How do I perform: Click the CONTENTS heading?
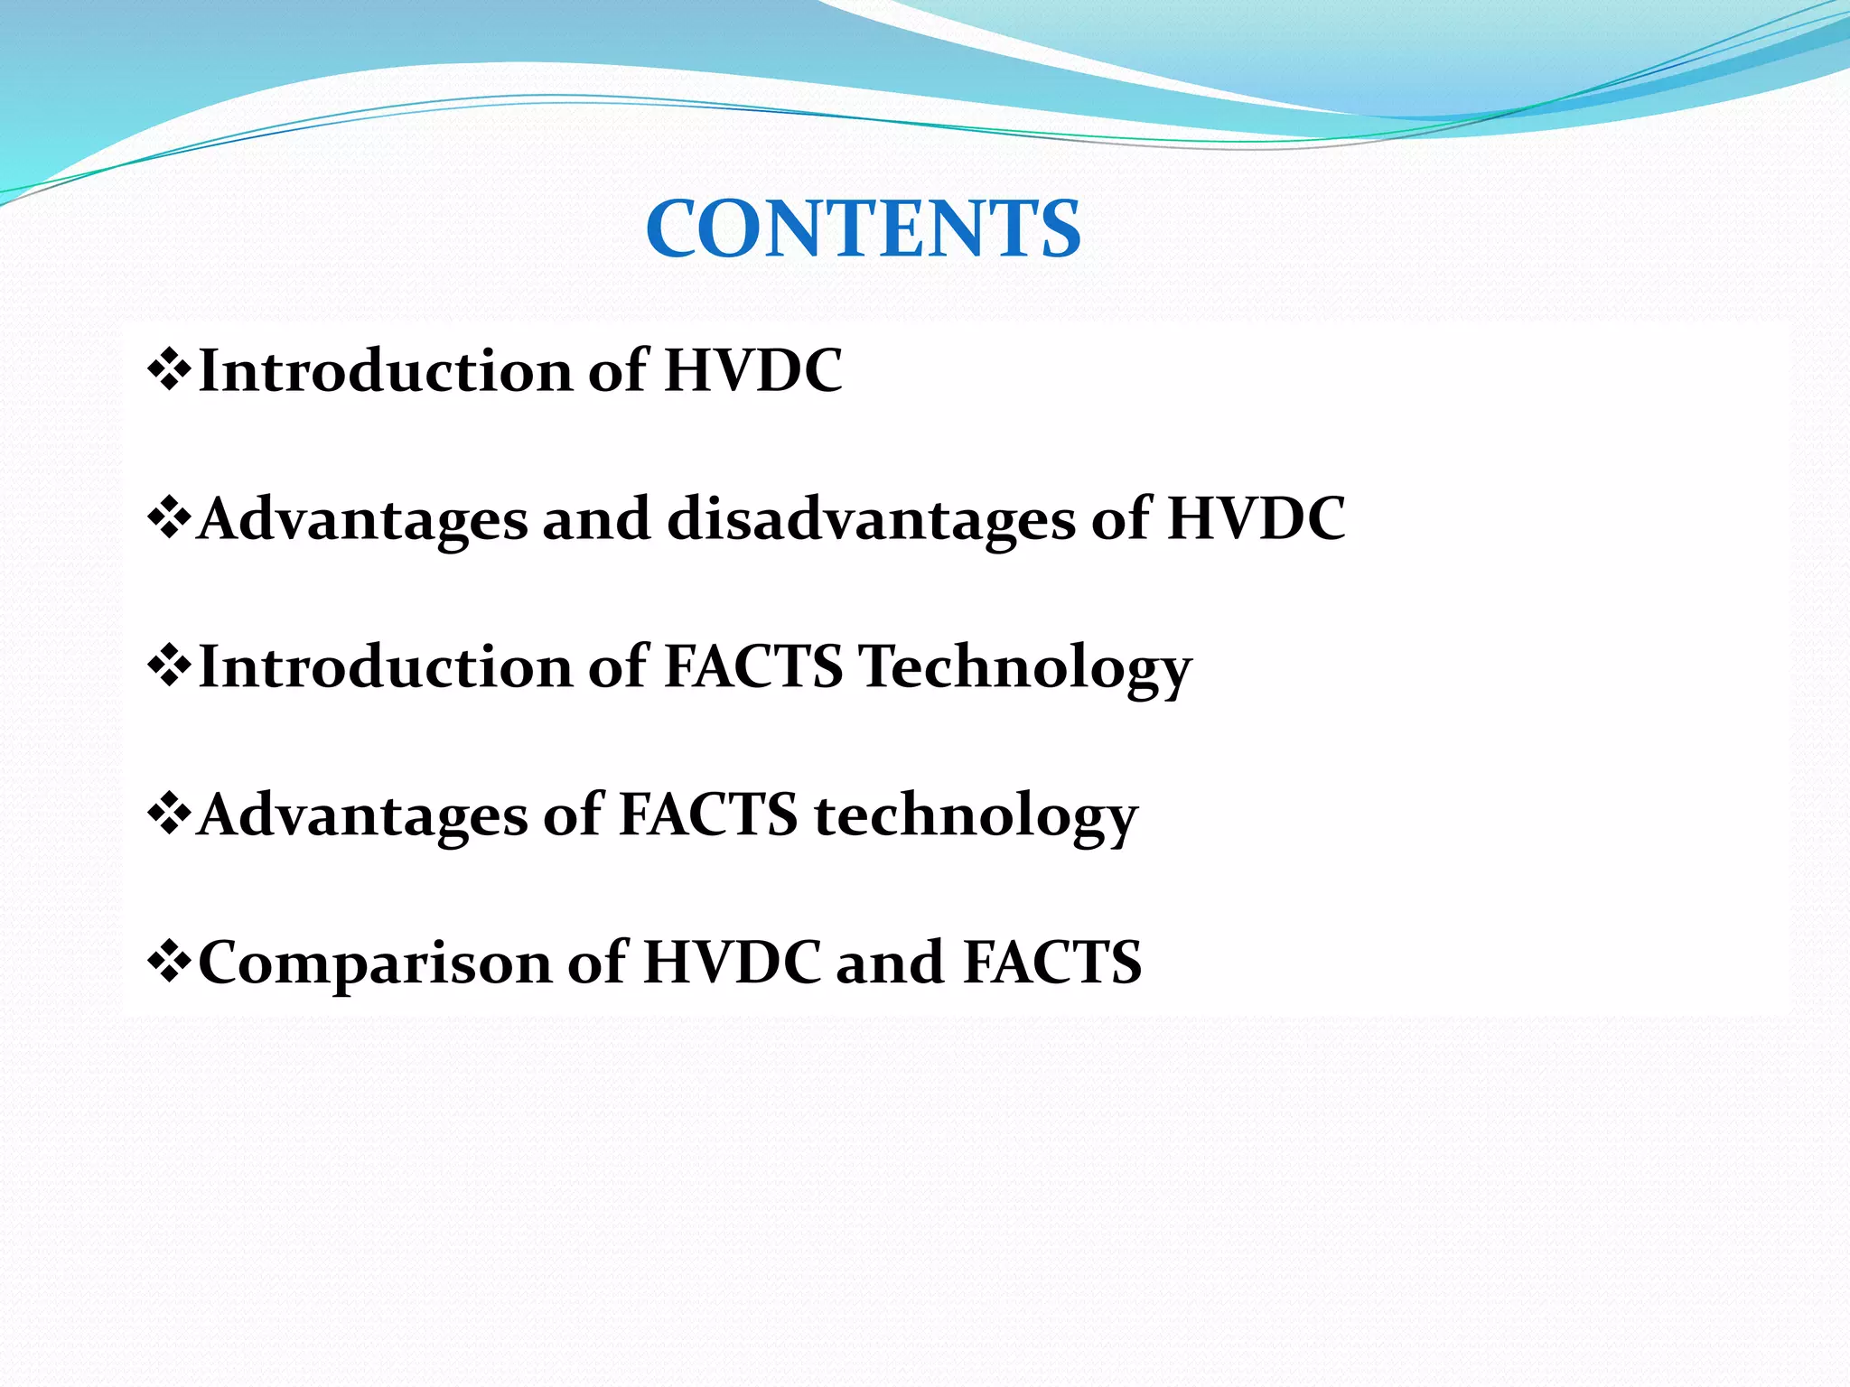[863, 229]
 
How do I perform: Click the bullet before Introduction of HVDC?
[168, 370]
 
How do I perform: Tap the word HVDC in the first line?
[752, 370]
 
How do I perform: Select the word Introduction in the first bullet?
[385, 370]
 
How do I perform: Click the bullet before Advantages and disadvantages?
[168, 518]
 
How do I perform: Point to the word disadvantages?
[871, 520]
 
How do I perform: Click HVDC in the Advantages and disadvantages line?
[1256, 518]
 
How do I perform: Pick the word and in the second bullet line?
[596, 520]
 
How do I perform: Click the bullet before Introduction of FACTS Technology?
[168, 666]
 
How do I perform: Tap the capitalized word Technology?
[1024, 668]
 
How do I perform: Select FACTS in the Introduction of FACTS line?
[753, 666]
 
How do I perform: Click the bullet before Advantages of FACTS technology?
[168, 815]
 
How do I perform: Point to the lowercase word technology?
[976, 816]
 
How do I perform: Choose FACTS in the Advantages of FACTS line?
[707, 815]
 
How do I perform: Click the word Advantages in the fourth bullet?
[361, 816]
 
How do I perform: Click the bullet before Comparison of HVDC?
[168, 962]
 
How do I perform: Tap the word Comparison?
[374, 963]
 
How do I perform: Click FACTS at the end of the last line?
[1052, 962]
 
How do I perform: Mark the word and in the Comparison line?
[891, 963]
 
